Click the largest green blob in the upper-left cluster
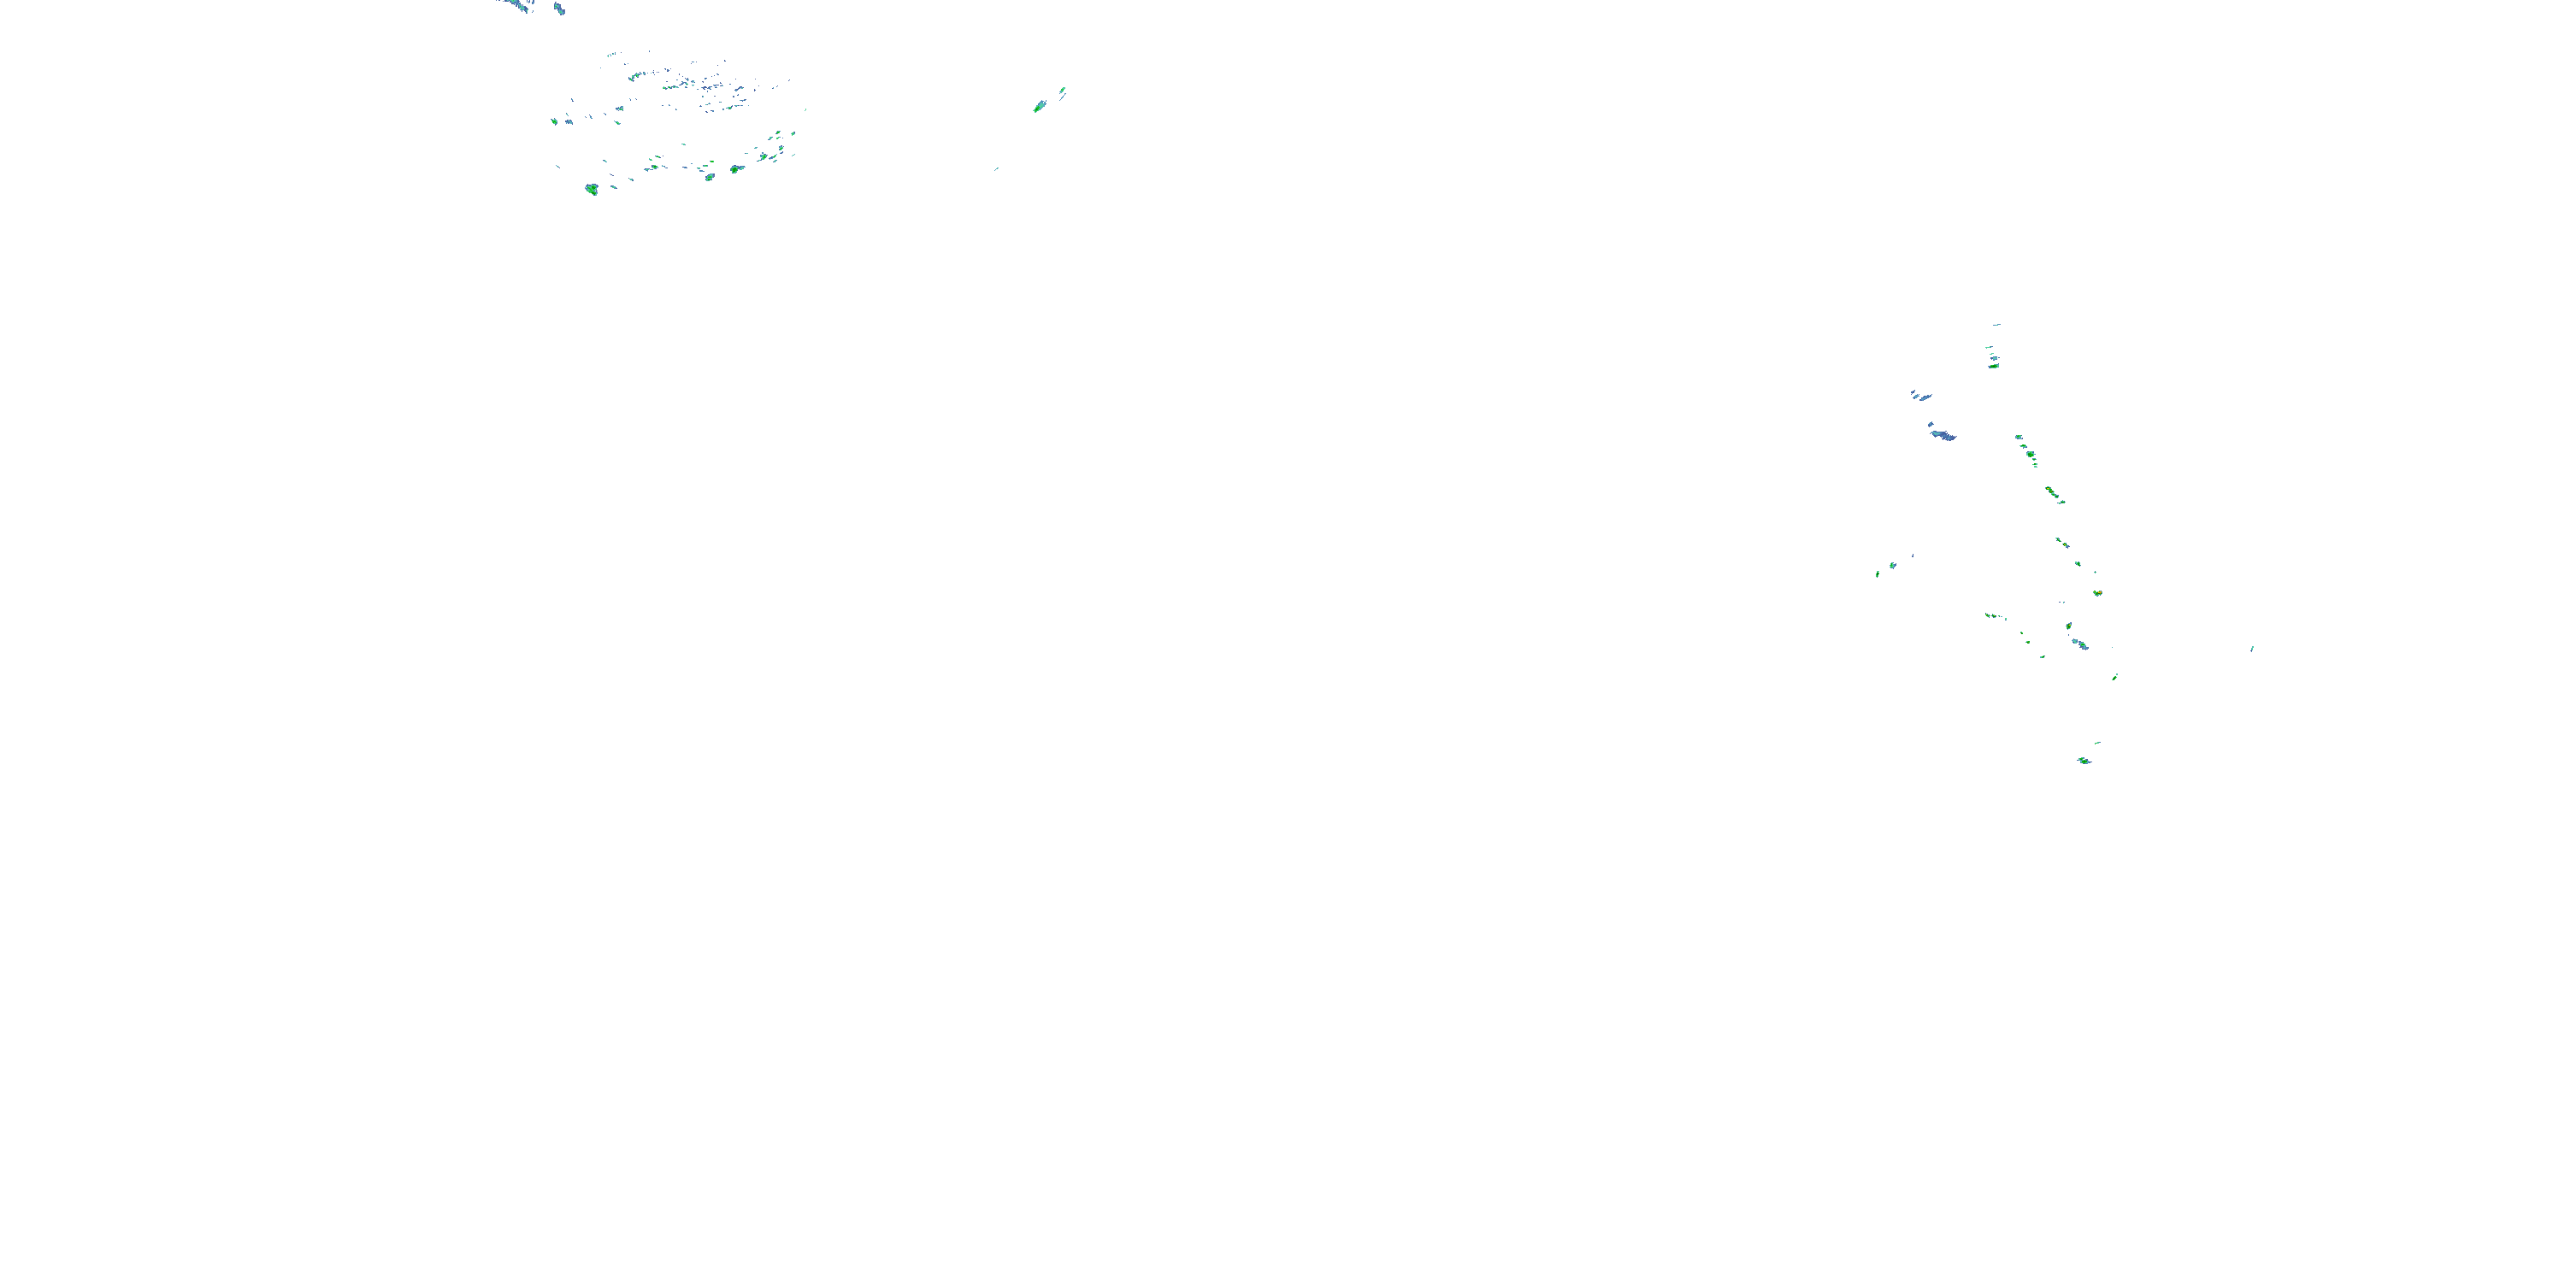pos(592,189)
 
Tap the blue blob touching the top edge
pos(560,9)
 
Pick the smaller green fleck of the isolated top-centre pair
pos(1063,91)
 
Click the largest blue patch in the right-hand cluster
pos(1942,435)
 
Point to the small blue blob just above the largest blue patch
pos(1921,397)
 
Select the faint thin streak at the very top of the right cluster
pos(1996,325)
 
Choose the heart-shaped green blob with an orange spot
pos(2097,593)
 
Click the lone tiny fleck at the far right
pos(2252,649)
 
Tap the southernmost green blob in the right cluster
pos(2084,761)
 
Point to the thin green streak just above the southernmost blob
pos(2097,743)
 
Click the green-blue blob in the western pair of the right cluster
pos(1893,565)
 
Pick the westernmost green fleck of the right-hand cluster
pos(1878,573)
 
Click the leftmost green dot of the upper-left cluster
pos(555,121)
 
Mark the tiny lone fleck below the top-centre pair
pos(996,169)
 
